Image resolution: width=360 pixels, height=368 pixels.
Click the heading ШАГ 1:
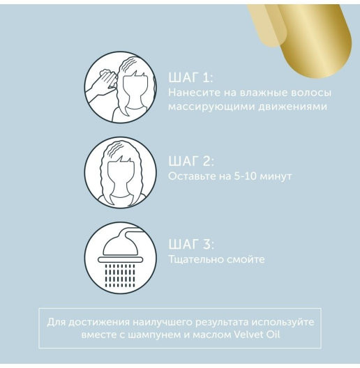(190, 77)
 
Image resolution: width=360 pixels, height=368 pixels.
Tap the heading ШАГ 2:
(191, 161)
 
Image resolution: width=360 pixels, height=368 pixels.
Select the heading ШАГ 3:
(191, 244)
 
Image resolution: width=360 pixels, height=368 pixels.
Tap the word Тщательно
(196, 259)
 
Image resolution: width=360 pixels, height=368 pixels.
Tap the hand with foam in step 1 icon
(103, 83)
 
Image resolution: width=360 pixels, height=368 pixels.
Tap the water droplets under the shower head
(120, 275)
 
